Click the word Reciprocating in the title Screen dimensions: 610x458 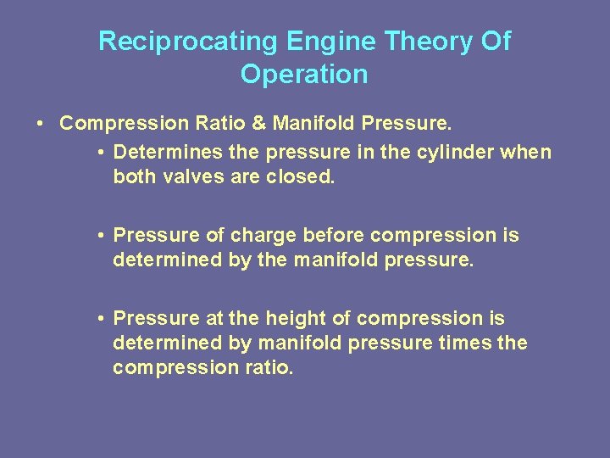point(188,42)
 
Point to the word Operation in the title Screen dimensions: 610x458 point(304,75)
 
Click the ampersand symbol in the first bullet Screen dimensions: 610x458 point(258,124)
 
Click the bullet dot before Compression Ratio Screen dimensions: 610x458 point(41,124)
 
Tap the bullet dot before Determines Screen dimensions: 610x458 point(100,153)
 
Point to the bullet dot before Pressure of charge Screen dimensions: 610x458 point(100,235)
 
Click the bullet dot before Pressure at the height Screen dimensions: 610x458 point(100,318)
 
